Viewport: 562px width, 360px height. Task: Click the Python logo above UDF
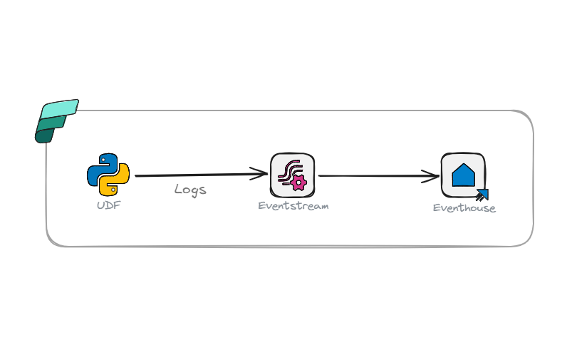pyautogui.click(x=108, y=175)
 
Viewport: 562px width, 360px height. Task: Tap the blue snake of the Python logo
pyautogui.click(x=101, y=167)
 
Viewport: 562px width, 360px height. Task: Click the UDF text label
pyautogui.click(x=108, y=205)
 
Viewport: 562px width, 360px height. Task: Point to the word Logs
pyautogui.click(x=190, y=190)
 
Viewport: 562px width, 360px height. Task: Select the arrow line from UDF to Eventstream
pyautogui.click(x=192, y=175)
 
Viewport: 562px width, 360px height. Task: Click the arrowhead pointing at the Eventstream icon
pyautogui.click(x=261, y=173)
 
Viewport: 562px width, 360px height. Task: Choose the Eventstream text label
pyautogui.click(x=293, y=205)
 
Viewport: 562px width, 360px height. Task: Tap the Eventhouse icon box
pyautogui.click(x=463, y=175)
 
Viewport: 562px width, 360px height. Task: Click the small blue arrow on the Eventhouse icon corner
pyautogui.click(x=482, y=194)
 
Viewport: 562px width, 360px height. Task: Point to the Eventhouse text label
pyautogui.click(x=464, y=208)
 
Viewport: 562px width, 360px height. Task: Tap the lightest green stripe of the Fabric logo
pyautogui.click(x=60, y=108)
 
